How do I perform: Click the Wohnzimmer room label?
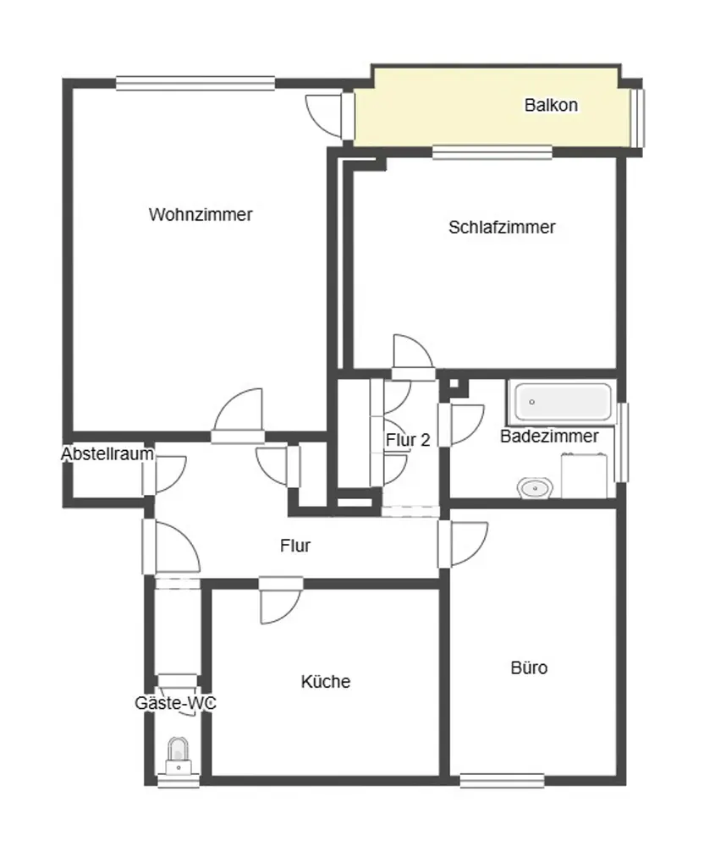(x=201, y=214)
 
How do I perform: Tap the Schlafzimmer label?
(x=502, y=227)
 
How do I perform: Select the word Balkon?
(x=551, y=105)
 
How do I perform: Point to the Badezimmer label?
(x=549, y=436)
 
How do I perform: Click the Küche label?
(x=325, y=681)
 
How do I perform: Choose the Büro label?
(x=529, y=667)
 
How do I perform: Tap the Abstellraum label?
(x=107, y=453)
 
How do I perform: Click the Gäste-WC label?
(x=175, y=703)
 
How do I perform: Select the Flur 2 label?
(x=408, y=440)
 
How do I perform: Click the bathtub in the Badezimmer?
(x=563, y=403)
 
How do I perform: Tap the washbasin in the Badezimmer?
(x=535, y=489)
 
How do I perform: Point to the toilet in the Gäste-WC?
(x=178, y=755)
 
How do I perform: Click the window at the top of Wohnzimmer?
(x=195, y=83)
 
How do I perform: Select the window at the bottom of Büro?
(x=502, y=780)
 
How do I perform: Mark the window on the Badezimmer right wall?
(x=622, y=442)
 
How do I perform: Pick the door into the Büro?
(x=462, y=544)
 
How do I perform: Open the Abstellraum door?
(x=164, y=475)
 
